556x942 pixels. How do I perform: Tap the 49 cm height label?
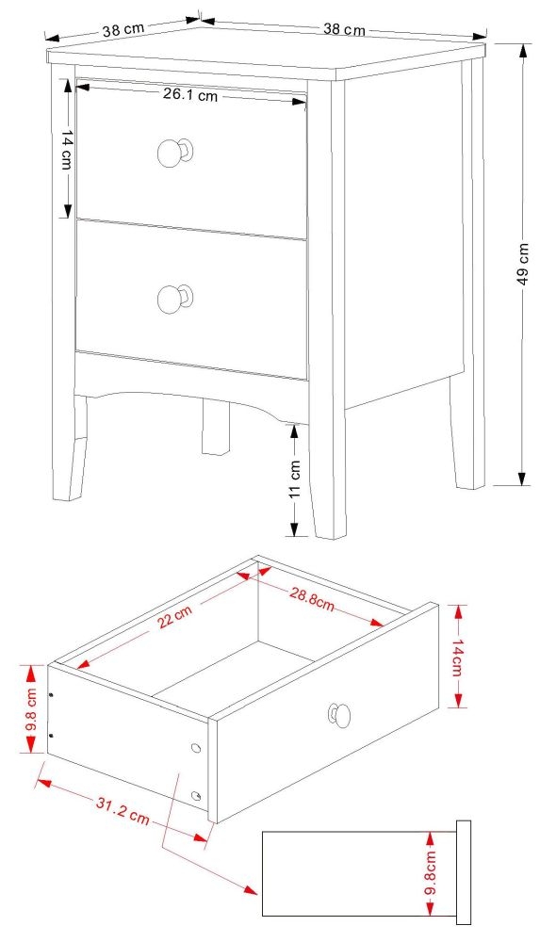(x=524, y=264)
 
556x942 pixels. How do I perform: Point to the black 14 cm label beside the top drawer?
(x=67, y=151)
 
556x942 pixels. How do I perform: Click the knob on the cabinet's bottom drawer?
(x=172, y=298)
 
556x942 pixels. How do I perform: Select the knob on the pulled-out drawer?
(x=337, y=716)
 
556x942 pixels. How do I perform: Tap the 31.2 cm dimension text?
(x=123, y=810)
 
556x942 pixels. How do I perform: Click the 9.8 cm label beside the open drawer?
(x=32, y=710)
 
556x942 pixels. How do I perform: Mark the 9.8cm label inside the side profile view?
(x=430, y=873)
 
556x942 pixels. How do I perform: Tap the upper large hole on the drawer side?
(x=196, y=748)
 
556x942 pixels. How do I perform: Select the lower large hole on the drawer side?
(x=196, y=796)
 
